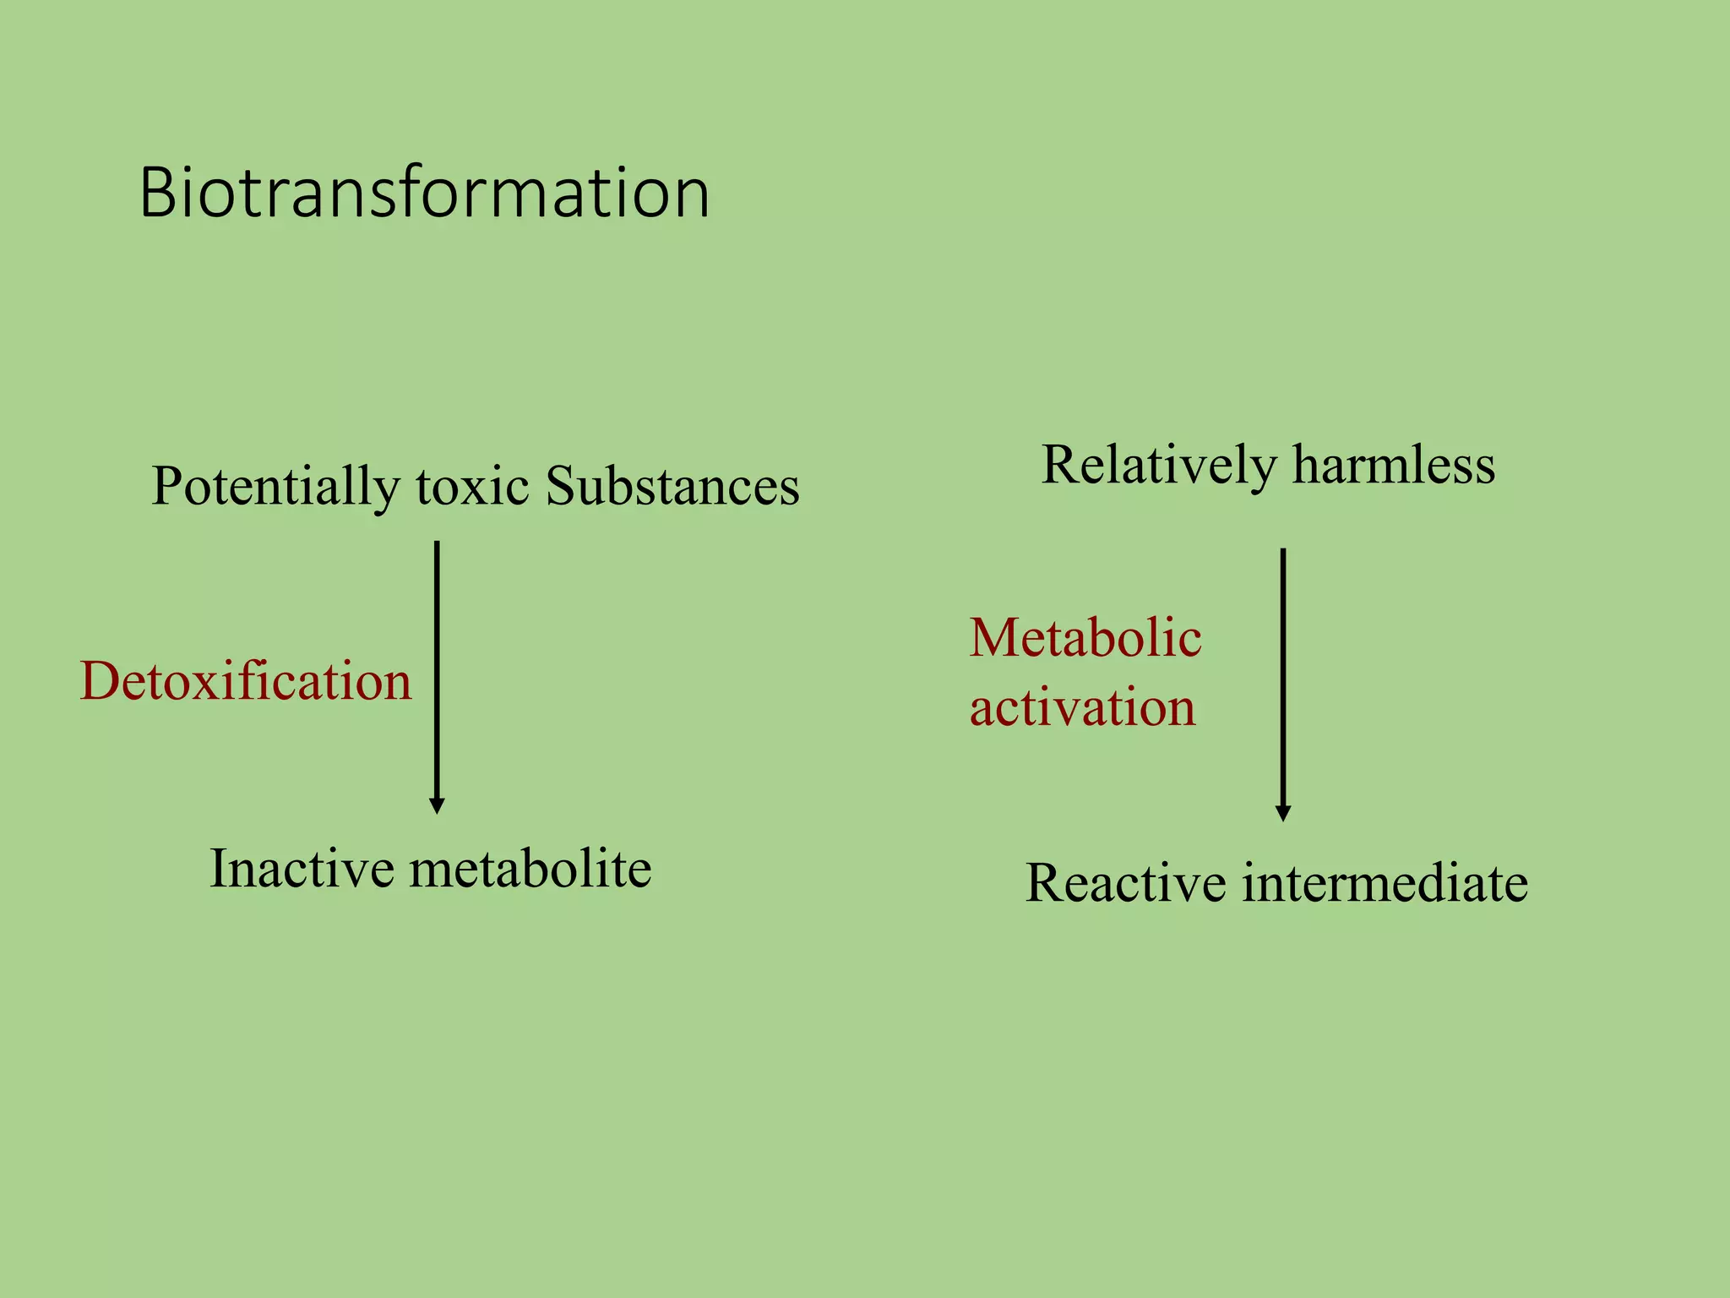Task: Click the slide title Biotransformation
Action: pyautogui.click(x=424, y=193)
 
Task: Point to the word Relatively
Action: pyautogui.click(x=1160, y=466)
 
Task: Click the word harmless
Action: pyautogui.click(x=1394, y=465)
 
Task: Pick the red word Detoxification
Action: pyautogui.click(x=246, y=680)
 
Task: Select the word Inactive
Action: pyautogui.click(x=302, y=868)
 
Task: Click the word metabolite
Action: pyautogui.click(x=530, y=868)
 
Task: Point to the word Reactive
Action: pyautogui.click(x=1126, y=883)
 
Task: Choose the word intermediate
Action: pyautogui.click(x=1385, y=883)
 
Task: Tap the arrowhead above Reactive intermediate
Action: pyautogui.click(x=1283, y=813)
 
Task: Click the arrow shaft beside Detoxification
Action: pyautogui.click(x=437, y=668)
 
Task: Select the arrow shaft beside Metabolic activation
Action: pyautogui.click(x=1283, y=676)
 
